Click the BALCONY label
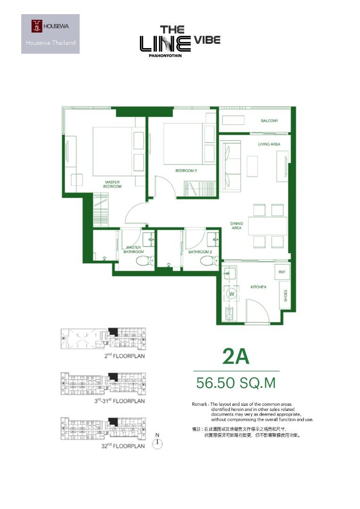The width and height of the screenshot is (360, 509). click(270, 121)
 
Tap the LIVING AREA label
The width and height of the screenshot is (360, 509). click(269, 144)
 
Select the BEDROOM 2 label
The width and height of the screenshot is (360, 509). click(186, 171)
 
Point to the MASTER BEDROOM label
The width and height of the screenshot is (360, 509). click(112, 184)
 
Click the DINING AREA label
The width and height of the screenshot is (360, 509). click(237, 226)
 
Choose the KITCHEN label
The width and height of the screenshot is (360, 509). click(258, 287)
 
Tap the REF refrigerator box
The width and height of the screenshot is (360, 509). click(282, 272)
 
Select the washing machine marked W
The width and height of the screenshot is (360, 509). click(231, 294)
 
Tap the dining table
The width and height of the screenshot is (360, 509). click(268, 226)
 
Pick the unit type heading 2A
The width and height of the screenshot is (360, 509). click(236, 356)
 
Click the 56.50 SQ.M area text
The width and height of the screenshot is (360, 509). click(236, 383)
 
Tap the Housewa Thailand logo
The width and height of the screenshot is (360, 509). click(50, 34)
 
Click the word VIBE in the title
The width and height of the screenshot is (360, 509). click(207, 40)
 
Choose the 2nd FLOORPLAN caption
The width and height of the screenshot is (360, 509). click(125, 356)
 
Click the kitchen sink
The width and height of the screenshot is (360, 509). click(229, 273)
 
